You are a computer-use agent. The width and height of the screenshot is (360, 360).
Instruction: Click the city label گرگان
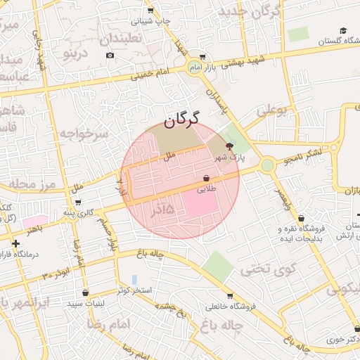[x=182, y=120]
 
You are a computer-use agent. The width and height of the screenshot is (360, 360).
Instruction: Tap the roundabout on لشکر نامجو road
[x=267, y=165]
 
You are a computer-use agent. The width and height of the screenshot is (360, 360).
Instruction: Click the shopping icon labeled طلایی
[x=206, y=179]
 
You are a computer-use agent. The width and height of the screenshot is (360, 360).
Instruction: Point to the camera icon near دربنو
[x=110, y=55]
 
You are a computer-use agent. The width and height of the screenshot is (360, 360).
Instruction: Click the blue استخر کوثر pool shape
[x=134, y=280]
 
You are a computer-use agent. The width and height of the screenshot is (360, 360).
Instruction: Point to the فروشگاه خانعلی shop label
[x=229, y=307]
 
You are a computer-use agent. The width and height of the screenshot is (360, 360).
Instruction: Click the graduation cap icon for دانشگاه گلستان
[x=343, y=30]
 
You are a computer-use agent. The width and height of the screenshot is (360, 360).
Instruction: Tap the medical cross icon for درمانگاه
[x=15, y=243]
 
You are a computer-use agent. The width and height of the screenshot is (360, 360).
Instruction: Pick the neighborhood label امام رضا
[x=110, y=323]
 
